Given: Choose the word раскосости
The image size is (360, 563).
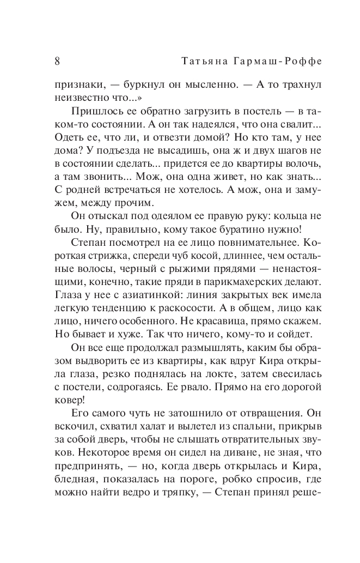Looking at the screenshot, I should pos(185,312).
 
